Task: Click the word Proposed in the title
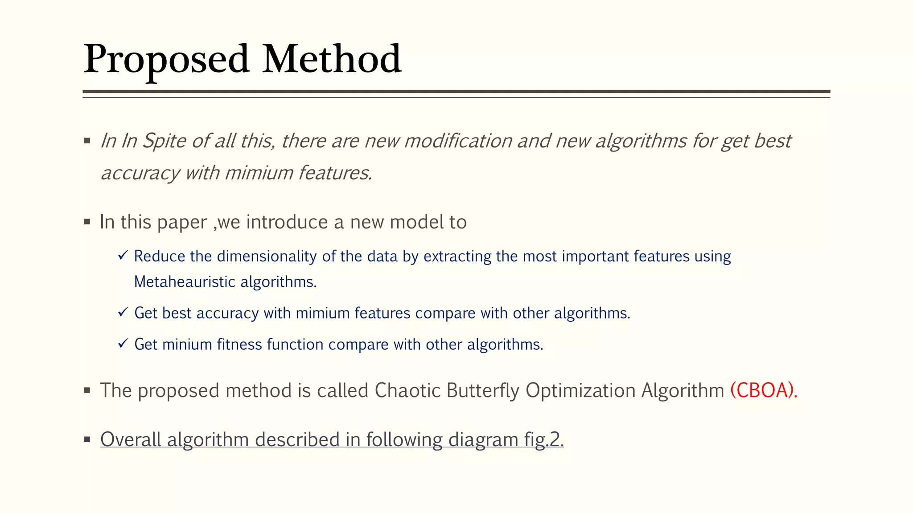coord(166,59)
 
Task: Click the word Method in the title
coord(332,59)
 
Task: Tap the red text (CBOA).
coord(764,390)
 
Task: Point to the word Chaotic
coord(407,390)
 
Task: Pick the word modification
coord(458,141)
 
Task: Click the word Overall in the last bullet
coord(131,440)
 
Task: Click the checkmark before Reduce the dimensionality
coord(123,256)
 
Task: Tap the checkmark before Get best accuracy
coord(123,312)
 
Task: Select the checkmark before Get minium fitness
coord(123,344)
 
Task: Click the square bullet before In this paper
coord(87,222)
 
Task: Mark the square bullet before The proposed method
coord(87,390)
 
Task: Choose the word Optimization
coord(580,390)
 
